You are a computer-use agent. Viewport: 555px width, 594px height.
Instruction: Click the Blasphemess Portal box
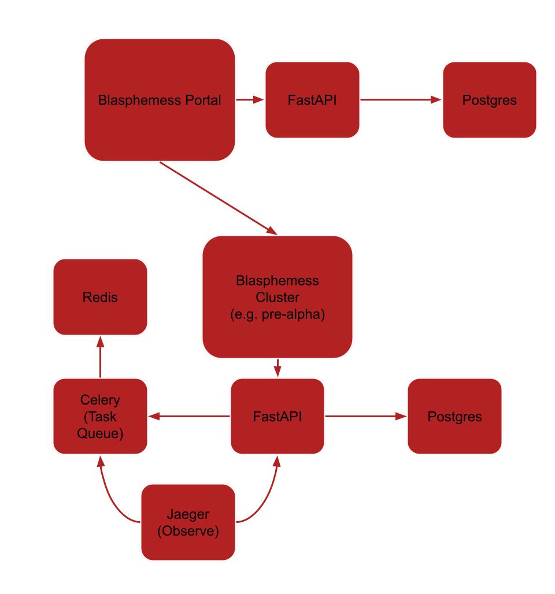(160, 100)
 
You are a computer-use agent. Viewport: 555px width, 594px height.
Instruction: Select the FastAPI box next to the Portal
(312, 100)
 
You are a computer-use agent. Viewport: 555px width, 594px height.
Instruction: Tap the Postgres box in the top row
(489, 100)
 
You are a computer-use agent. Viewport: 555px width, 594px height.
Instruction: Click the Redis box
(100, 297)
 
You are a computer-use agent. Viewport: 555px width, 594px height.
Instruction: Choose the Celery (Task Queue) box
(100, 416)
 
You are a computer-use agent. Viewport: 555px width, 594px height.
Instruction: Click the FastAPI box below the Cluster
(277, 416)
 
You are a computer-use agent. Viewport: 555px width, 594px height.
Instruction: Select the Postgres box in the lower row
(454, 416)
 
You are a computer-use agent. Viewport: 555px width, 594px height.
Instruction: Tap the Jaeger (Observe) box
(188, 522)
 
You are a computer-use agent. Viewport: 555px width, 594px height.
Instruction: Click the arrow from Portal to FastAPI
(250, 100)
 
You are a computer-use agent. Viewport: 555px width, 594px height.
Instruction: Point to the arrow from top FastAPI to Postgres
(400, 100)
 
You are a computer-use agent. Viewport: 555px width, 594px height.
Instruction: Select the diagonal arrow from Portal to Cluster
(218, 198)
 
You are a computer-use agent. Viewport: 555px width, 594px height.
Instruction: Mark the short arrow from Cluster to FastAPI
(277, 368)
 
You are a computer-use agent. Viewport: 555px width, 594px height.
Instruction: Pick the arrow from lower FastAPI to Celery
(189, 416)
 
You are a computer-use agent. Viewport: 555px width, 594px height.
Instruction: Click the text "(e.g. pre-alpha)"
(277, 315)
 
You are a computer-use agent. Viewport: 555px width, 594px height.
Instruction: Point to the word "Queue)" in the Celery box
(100, 433)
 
